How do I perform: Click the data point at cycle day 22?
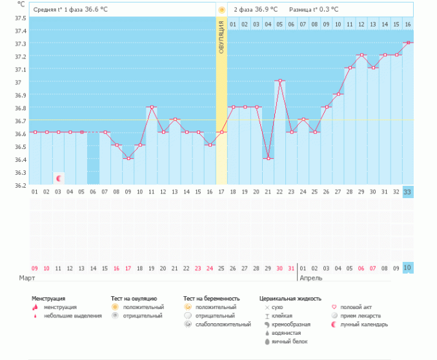(x=279, y=81)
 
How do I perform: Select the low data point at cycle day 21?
(x=268, y=158)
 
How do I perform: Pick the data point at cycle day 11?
(x=152, y=106)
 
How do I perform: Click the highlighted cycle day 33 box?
(x=408, y=192)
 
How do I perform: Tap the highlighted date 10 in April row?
(x=408, y=268)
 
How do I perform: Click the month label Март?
(x=26, y=278)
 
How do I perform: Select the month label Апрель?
(x=311, y=278)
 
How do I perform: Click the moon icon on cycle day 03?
(x=59, y=178)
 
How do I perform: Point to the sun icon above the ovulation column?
(x=222, y=10)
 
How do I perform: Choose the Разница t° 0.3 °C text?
(x=315, y=10)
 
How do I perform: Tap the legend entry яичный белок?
(x=286, y=341)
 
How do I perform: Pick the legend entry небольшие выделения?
(x=72, y=315)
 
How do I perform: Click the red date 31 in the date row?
(x=291, y=268)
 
